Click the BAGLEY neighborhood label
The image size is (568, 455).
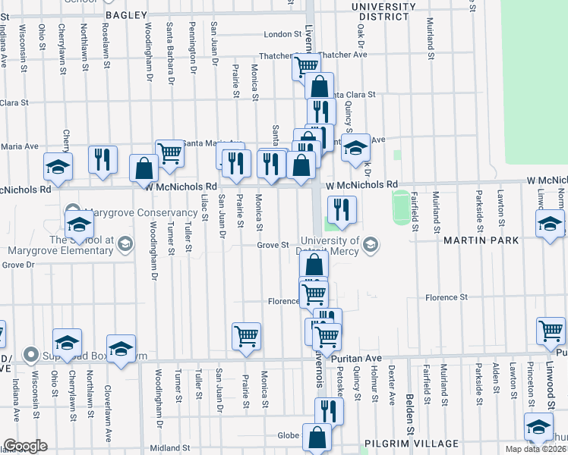click(130, 14)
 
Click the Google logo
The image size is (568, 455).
click(25, 446)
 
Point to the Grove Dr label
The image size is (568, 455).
click(18, 265)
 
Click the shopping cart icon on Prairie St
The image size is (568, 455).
click(246, 335)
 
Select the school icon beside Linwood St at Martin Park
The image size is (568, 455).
click(550, 223)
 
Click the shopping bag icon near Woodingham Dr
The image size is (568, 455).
click(144, 168)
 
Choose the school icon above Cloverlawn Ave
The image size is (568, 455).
click(121, 348)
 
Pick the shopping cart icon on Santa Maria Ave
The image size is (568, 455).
click(170, 152)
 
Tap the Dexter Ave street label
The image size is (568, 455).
click(392, 383)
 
